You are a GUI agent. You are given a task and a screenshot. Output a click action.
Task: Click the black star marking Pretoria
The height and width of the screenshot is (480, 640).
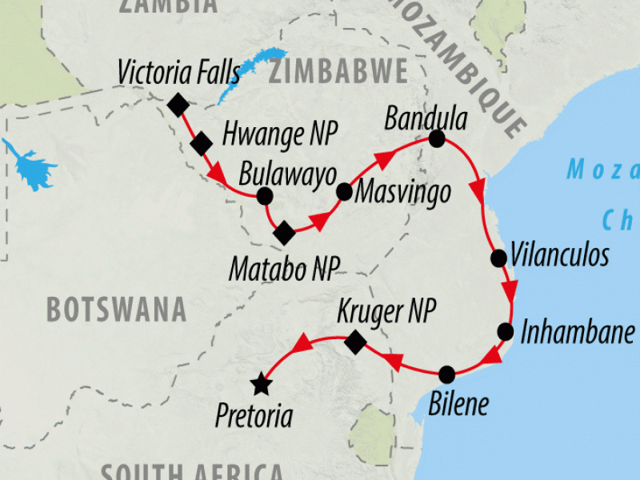coord(260,385)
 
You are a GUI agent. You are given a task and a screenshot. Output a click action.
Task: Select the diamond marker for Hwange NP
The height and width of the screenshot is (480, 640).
coord(202,143)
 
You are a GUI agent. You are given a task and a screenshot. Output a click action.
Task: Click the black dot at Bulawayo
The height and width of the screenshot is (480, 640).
coord(265,196)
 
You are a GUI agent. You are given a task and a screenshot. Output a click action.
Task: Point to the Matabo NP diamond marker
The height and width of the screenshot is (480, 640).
coord(284,234)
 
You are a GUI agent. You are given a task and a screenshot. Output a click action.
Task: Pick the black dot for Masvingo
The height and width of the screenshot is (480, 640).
coord(344,192)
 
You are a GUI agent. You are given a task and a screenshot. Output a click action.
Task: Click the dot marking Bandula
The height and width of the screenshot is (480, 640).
coord(437,139)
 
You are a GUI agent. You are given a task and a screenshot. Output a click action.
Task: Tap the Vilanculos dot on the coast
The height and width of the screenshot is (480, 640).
coord(498,258)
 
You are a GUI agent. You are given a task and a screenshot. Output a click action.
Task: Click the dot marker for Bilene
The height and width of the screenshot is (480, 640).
coord(447,374)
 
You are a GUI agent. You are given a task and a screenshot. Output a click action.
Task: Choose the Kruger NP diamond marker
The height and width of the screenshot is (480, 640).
coord(355,344)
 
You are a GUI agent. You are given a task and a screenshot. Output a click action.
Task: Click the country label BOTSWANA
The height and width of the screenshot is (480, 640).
coord(116,309)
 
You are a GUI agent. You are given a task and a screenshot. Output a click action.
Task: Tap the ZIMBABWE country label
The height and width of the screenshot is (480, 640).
coord(337,71)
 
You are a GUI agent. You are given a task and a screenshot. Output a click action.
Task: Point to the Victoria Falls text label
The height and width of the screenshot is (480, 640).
coord(178,73)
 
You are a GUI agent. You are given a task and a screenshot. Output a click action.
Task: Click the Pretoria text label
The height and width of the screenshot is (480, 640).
coord(254,416)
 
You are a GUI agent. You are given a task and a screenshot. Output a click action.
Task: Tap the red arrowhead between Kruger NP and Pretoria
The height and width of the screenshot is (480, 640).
coord(302,346)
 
